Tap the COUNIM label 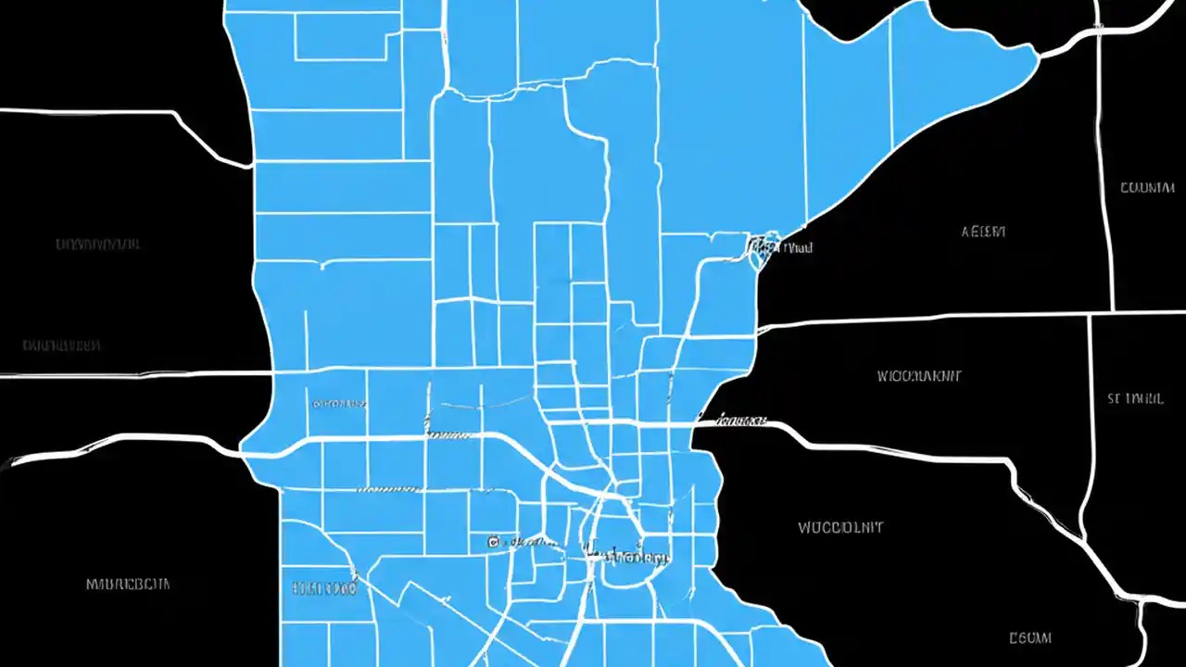1147,187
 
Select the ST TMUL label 1135,399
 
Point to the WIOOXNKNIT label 919,376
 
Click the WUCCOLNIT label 840,527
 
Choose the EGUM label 1029,637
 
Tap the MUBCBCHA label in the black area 128,585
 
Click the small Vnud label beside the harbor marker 796,247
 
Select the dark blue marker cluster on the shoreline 760,248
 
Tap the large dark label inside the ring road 627,557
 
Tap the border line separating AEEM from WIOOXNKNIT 927,318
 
